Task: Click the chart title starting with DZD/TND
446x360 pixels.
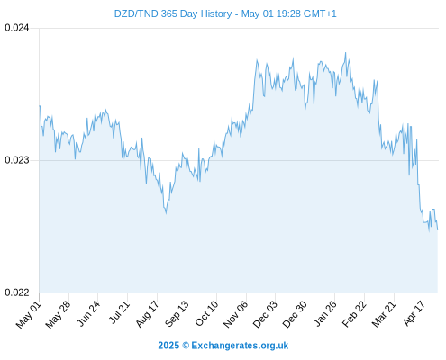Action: [x=225, y=13]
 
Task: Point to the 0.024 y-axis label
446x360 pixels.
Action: [x=17, y=28]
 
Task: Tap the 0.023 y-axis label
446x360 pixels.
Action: [x=17, y=160]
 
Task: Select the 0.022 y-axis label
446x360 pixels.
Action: [x=17, y=292]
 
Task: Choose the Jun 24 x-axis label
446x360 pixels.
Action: [x=88, y=313]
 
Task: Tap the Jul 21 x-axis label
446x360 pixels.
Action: [x=119, y=312]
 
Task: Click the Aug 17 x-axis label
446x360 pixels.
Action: [x=147, y=314]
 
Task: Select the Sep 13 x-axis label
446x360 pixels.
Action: [x=177, y=314]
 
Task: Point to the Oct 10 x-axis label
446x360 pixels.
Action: [x=206, y=313]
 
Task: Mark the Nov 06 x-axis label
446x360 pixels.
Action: [x=236, y=314]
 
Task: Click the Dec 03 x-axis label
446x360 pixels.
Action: [x=265, y=314]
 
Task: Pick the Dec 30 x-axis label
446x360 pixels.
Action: [x=295, y=314]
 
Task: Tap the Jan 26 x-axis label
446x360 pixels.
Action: [x=324, y=313]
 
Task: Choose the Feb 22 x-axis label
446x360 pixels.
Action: [x=354, y=314]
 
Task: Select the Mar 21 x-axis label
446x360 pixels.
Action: [x=384, y=314]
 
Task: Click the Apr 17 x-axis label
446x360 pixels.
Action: [x=414, y=313]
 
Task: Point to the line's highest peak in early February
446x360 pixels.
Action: [x=345, y=53]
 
